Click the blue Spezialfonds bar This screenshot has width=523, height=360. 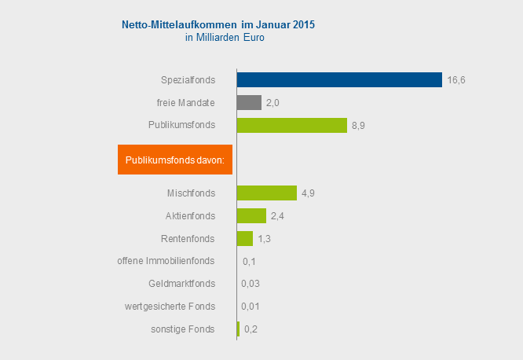[x=339, y=79]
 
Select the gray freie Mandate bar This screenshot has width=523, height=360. [x=249, y=102]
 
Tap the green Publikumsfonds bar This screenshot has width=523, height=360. [x=291, y=125]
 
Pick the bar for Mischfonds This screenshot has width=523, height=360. [x=266, y=193]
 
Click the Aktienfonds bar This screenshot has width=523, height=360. [x=251, y=215]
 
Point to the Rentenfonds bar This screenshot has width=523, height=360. [x=244, y=238]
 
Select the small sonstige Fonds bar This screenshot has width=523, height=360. [x=238, y=329]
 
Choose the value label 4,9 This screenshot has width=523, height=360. [x=309, y=193]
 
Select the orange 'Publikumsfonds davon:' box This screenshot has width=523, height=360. [x=175, y=160]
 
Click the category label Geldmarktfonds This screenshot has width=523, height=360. [x=181, y=284]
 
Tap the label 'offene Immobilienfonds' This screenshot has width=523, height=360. [x=166, y=261]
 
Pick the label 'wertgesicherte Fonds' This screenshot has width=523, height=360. [x=170, y=307]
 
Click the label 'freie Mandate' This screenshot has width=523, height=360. [x=186, y=102]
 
